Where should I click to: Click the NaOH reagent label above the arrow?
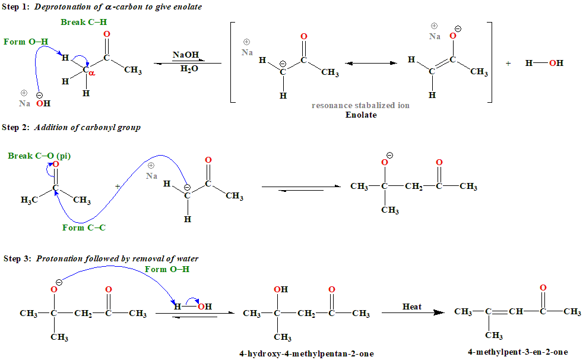click(x=186, y=55)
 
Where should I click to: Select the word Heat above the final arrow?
click(x=412, y=307)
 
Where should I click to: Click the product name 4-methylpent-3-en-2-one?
click(x=517, y=352)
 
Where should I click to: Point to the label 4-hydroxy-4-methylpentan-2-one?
click(x=306, y=354)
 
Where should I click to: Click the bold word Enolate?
click(x=361, y=115)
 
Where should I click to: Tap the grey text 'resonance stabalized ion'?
click(x=360, y=105)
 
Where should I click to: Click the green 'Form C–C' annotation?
click(x=84, y=228)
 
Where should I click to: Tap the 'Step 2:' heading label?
click(x=16, y=127)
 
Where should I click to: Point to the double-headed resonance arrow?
click(x=371, y=63)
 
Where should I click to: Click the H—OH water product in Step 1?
click(x=544, y=63)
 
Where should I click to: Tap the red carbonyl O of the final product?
click(x=543, y=288)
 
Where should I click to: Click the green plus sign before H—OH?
click(x=508, y=63)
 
